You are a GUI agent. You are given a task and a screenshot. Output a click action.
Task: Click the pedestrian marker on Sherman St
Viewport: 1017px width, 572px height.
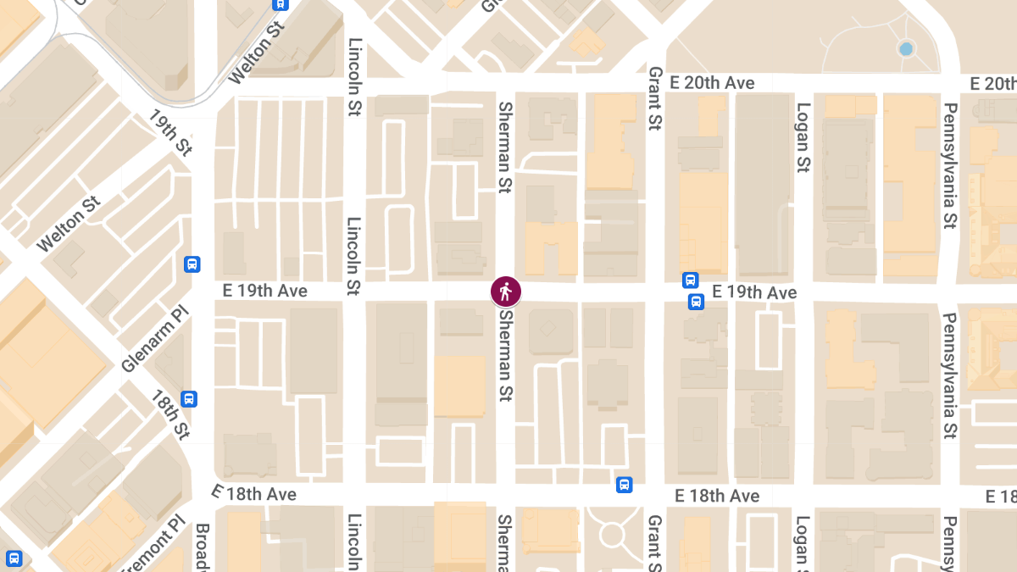click(506, 292)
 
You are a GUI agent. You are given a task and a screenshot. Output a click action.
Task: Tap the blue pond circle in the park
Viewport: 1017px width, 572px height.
click(906, 49)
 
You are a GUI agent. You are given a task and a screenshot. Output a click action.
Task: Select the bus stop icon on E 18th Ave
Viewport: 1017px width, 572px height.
click(625, 485)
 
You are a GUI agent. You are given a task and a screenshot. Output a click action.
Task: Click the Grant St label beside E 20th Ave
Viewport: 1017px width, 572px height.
click(654, 100)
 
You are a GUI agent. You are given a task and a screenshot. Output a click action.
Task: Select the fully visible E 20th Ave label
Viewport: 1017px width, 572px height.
click(712, 83)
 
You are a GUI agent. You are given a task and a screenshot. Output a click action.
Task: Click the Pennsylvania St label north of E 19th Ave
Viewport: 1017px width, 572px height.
click(951, 166)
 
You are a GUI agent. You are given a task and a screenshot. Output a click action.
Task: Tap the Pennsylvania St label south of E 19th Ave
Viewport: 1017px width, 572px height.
click(951, 377)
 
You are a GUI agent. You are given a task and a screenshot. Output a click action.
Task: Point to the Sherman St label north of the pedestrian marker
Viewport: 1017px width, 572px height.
click(506, 147)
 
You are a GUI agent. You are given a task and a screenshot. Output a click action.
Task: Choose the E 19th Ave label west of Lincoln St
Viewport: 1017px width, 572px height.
click(265, 291)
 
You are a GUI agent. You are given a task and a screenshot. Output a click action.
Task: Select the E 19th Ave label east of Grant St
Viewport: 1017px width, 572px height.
click(754, 292)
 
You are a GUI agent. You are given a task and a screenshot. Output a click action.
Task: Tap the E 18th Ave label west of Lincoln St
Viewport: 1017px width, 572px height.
click(254, 493)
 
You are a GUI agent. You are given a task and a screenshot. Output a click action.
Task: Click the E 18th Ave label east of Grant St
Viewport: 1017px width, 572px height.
click(717, 495)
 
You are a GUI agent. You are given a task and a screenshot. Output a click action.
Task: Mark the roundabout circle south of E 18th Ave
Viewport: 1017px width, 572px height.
click(613, 535)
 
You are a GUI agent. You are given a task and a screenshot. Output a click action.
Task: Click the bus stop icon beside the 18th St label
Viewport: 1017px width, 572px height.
click(189, 398)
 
